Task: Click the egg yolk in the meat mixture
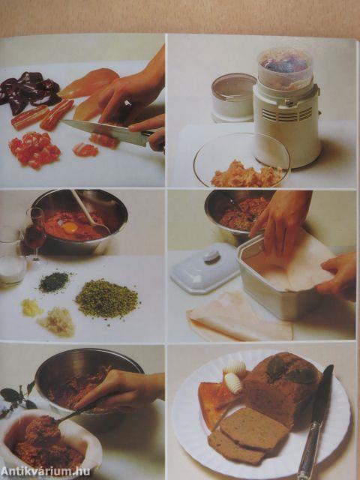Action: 70,227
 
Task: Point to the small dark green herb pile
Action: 54,282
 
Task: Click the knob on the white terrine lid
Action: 211,255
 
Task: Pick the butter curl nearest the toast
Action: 233,383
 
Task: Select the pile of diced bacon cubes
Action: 34,149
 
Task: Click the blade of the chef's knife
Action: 107,131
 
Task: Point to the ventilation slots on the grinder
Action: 287,115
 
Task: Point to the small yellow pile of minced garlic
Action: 31,307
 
